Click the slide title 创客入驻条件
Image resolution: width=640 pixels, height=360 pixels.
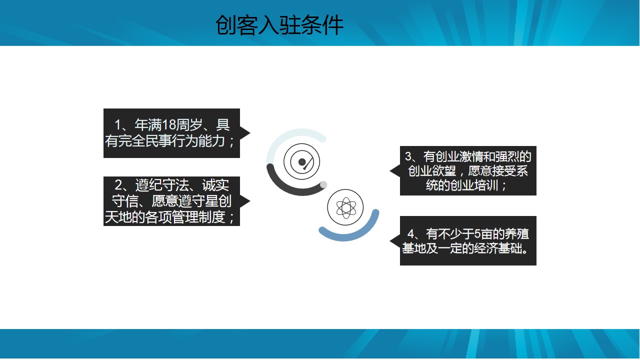point(279,25)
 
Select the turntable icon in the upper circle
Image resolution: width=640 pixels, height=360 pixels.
point(301,161)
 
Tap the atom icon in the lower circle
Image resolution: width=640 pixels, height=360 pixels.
point(345,207)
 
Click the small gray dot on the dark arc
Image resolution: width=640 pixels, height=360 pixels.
point(323,184)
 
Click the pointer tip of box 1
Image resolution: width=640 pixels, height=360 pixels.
point(250,133)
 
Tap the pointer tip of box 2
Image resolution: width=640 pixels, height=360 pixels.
point(250,201)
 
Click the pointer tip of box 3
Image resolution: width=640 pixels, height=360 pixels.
point(390,171)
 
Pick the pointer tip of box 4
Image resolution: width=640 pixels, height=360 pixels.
point(390,241)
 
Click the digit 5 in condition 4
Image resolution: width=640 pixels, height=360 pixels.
point(477,233)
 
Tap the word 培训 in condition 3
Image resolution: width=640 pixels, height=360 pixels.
point(486,185)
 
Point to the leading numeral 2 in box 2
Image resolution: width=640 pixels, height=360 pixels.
point(118,185)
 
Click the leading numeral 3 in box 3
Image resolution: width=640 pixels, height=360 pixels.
point(408,156)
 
